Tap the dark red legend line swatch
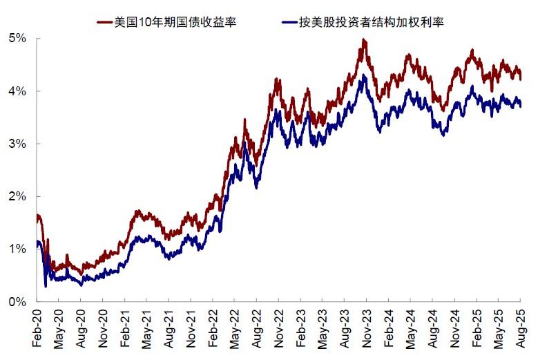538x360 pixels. [104, 21]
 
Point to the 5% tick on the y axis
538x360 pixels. [17, 39]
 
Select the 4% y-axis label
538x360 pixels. [17, 91]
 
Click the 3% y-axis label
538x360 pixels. [17, 144]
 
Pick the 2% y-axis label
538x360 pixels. [17, 197]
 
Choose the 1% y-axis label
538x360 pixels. [17, 249]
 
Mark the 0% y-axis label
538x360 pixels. [17, 302]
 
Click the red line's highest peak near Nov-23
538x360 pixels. [363, 41]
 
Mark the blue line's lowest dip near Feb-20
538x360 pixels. [46, 285]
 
